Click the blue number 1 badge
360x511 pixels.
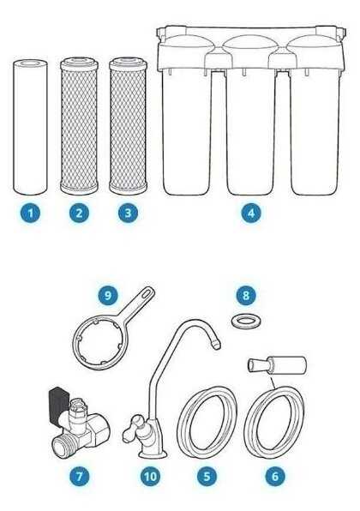(x=30, y=213)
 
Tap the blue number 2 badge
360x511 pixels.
(x=79, y=213)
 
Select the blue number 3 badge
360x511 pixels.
(x=128, y=213)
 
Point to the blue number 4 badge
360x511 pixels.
(x=250, y=213)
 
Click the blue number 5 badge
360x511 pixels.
(x=207, y=476)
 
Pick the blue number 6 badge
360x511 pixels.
(x=275, y=476)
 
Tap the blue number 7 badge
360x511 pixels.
(x=79, y=476)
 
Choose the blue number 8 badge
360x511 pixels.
(x=246, y=295)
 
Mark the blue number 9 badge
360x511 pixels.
(x=107, y=295)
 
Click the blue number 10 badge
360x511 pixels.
(x=150, y=476)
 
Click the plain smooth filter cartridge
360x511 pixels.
(x=30, y=127)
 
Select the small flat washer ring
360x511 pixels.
(x=246, y=322)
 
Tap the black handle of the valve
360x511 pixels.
(x=58, y=404)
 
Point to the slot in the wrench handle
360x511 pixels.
(x=147, y=293)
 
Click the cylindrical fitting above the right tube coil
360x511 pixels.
(x=277, y=364)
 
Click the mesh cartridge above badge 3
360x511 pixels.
(x=128, y=126)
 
